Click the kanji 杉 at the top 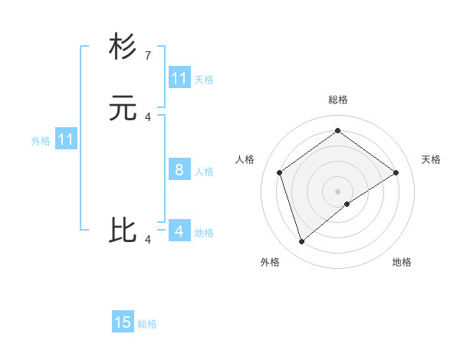coord(123,47)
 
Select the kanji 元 coord(123,109)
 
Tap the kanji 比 coord(123,231)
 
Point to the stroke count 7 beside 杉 coord(147,55)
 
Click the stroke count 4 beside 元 coord(147,117)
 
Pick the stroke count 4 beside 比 coord(147,240)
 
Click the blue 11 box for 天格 coord(179,78)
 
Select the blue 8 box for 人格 coord(179,170)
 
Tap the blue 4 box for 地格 coord(179,231)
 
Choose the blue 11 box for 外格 coord(66,140)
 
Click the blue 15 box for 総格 coord(123,322)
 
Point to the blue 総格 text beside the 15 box coord(147,324)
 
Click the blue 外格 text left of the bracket coord(41,141)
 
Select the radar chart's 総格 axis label coord(337,100)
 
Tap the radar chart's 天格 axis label coord(431,159)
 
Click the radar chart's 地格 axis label coord(402,263)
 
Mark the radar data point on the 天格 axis coord(396,172)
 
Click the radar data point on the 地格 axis coord(347,204)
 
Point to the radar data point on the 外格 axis coord(301,242)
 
